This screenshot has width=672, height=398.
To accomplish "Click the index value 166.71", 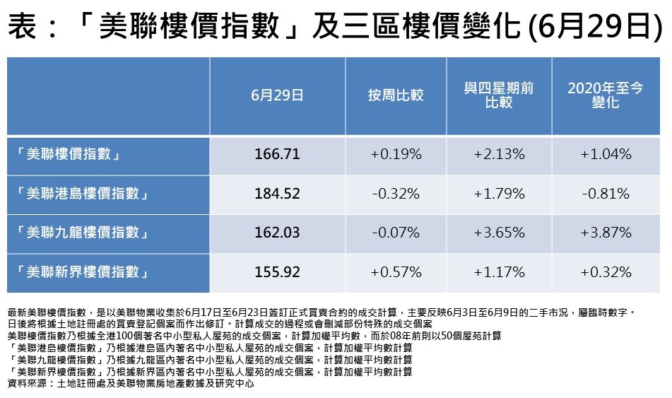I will point(277,154).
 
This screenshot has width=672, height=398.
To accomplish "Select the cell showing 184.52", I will point(277,194).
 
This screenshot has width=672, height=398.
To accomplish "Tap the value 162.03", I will point(277,233).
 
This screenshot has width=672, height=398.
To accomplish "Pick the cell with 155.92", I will point(277,272).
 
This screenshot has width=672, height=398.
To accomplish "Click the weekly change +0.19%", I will point(396,154).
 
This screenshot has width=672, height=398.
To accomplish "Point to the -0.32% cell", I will point(396,194).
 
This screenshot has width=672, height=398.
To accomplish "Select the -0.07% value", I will point(396,233).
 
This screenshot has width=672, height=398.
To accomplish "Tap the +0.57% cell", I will point(396,272).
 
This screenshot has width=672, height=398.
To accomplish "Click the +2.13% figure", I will point(500,154).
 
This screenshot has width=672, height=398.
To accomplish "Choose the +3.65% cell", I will point(500,233).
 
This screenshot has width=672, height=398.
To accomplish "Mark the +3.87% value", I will point(606,233).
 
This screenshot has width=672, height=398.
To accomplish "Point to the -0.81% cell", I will point(606,194).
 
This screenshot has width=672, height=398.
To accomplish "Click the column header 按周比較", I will point(396,95).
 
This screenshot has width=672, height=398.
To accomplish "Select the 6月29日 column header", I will point(277,95).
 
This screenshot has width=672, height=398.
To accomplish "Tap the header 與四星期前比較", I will point(499,95).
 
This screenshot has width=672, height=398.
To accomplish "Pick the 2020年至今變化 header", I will point(606,95).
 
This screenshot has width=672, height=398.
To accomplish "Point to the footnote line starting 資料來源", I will point(130,383).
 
